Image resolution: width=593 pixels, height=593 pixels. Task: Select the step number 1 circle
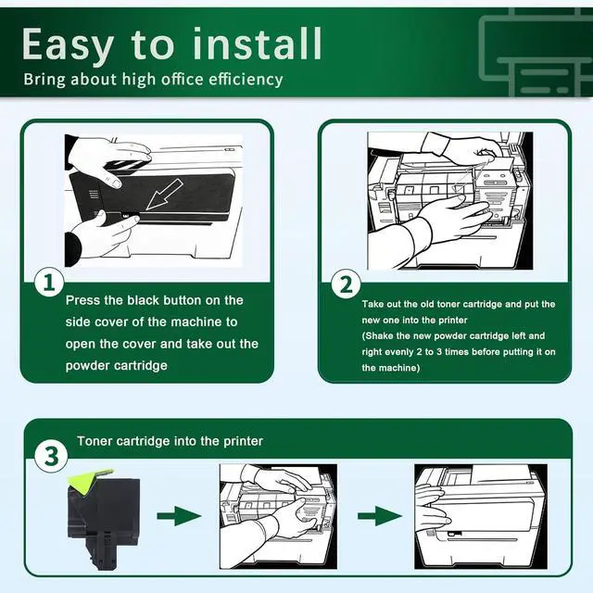[48, 284]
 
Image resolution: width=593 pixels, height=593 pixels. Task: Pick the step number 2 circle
[346, 284]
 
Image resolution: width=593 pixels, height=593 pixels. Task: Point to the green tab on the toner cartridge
[91, 482]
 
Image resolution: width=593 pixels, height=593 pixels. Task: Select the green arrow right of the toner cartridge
[176, 514]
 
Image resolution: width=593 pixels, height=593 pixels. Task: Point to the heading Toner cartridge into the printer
[170, 441]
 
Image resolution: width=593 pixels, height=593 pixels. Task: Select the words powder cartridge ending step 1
[116, 365]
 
